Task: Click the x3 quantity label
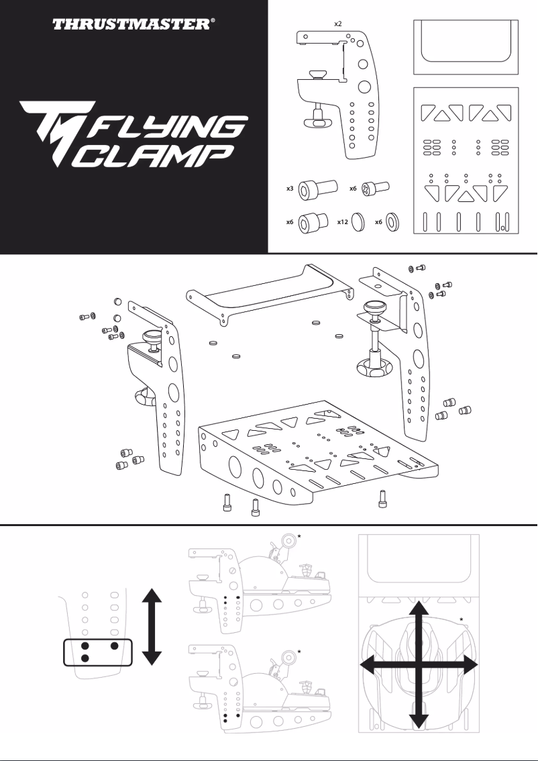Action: point(290,189)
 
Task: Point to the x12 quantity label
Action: point(341,222)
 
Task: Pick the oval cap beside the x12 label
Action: point(357,222)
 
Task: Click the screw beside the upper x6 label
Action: point(375,189)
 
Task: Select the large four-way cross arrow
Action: point(419,665)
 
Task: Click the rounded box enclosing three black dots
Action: point(99,652)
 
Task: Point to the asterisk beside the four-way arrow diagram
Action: point(462,618)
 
